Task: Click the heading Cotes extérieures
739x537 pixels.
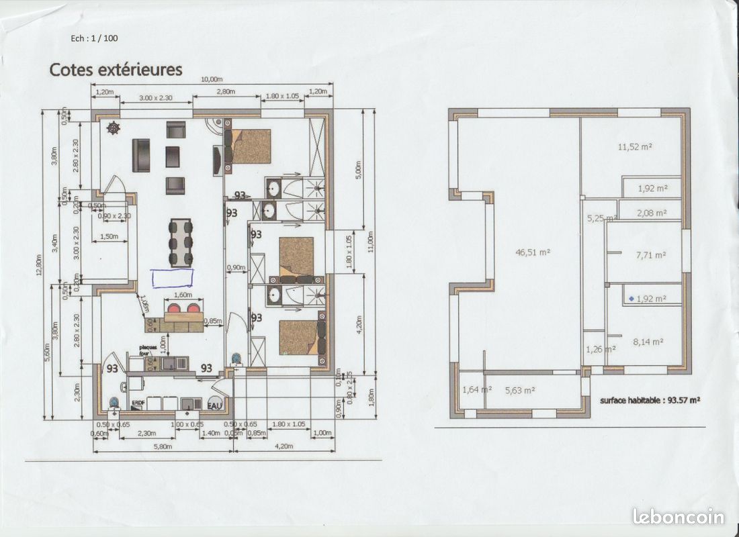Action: [x=116, y=69]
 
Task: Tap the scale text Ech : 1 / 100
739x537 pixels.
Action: [x=94, y=38]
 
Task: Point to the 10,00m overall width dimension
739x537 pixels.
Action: [x=212, y=80]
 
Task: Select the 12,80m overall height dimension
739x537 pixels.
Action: [x=40, y=264]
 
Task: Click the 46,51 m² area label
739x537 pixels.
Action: [x=533, y=252]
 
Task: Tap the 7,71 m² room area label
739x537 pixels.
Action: [x=650, y=255]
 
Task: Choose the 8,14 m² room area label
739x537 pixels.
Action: [x=650, y=342]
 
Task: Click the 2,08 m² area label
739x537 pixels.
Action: [x=650, y=213]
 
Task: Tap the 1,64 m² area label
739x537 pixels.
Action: [x=476, y=389]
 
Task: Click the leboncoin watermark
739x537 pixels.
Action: [x=679, y=516]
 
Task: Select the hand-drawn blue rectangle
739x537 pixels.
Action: [x=172, y=278]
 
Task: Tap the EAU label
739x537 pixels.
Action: [x=215, y=405]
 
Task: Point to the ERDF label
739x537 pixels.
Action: [x=138, y=403]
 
